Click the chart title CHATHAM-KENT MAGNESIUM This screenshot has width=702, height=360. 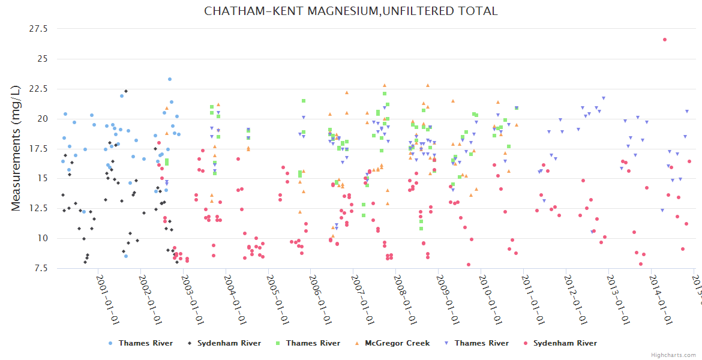coord(350,11)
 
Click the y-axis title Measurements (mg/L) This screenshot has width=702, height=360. coord(16,148)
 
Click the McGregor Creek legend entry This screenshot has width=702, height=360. coord(397,343)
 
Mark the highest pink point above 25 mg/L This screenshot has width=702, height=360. coord(665,40)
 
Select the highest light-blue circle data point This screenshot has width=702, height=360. coord(170,79)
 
